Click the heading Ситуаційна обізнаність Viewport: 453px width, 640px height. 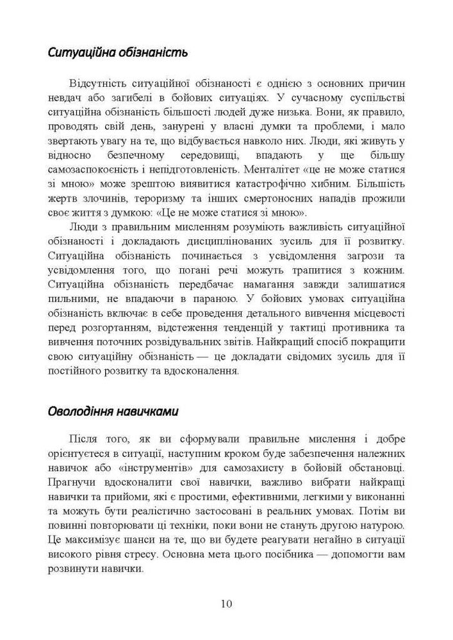118,52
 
